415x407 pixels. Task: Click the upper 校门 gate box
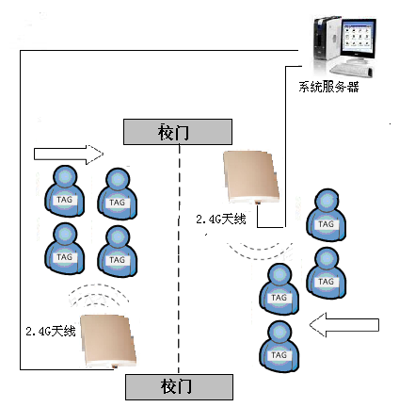tap(178, 132)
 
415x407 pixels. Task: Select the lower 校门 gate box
tap(179, 387)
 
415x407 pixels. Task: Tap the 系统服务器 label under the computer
tap(328, 87)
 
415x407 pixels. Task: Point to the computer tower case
tap(327, 39)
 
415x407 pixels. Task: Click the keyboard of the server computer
tap(352, 70)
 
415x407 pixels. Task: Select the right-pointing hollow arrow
tap(69, 155)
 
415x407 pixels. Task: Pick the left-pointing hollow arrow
tap(344, 325)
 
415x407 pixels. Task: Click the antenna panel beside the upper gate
tap(251, 177)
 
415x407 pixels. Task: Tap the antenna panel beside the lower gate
tap(109, 341)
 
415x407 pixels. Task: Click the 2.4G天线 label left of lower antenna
tap(51, 331)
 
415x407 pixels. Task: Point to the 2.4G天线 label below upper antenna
tap(221, 219)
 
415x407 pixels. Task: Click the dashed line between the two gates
tap(179, 259)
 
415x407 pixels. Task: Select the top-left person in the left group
tap(65, 191)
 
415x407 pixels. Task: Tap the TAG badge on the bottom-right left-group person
tap(117, 260)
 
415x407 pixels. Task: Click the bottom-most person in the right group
tap(279, 347)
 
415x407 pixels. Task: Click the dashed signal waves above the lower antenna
tap(99, 295)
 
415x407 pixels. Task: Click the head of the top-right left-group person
tap(118, 180)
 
